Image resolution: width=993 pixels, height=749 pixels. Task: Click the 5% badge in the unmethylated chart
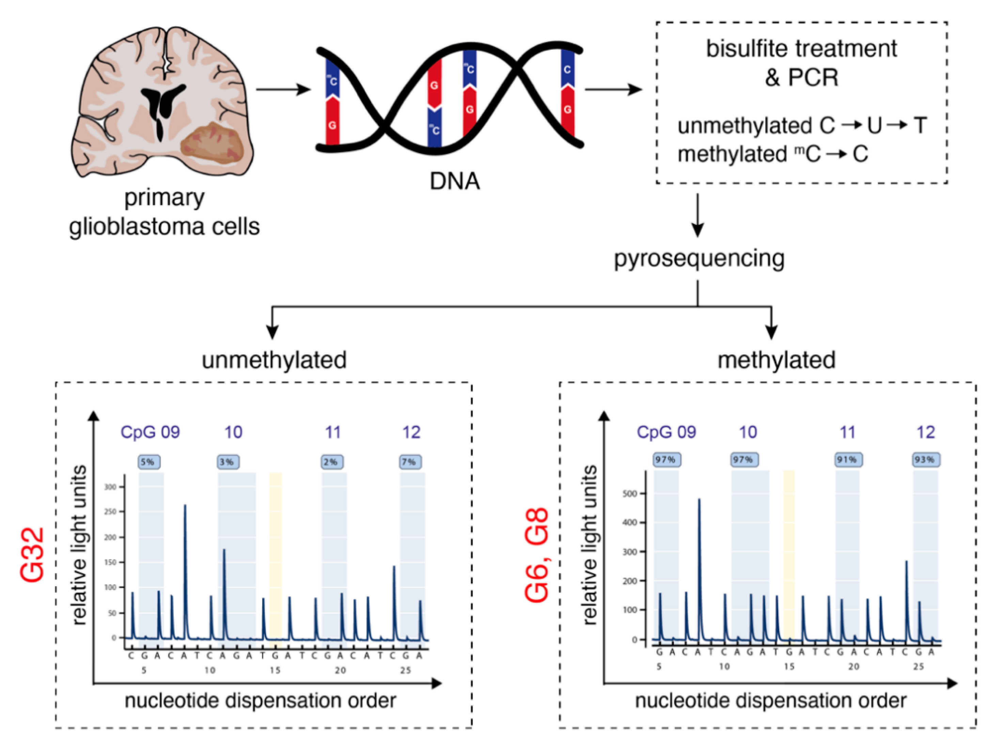[148, 462]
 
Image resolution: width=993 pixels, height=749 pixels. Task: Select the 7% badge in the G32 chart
[410, 462]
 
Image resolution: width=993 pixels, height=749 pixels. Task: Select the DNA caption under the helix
[454, 181]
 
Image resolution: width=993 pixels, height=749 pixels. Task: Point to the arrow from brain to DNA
[283, 89]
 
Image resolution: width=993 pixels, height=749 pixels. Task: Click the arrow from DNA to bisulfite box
[613, 89]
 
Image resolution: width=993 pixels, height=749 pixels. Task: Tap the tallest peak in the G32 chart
[185, 506]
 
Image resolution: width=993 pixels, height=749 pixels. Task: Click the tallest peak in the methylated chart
[699, 500]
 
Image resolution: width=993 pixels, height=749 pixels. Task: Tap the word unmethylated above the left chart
[274, 360]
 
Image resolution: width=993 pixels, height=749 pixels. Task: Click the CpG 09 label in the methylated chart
[666, 432]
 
